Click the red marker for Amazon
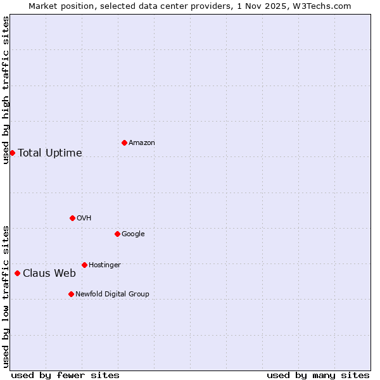(124, 142)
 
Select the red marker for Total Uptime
(12, 153)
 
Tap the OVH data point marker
(72, 218)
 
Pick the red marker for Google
(117, 234)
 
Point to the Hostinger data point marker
(84, 265)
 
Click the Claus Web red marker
(17, 273)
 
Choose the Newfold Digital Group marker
(71, 294)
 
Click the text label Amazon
(141, 143)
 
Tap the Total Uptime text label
(49, 153)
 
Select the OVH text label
(84, 218)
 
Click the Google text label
(133, 234)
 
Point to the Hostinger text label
(104, 265)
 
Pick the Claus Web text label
(49, 274)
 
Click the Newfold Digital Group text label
(112, 294)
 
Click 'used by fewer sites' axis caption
(65, 375)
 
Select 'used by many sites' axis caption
(318, 375)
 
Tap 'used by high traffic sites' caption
(6, 90)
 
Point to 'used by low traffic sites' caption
(6, 296)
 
